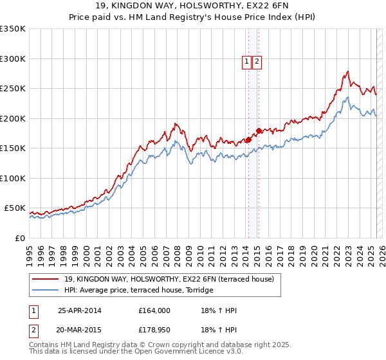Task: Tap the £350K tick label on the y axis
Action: coord(12,29)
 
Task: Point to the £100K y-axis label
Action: coord(12,178)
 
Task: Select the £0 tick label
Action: coord(19,238)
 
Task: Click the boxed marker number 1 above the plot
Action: coord(247,62)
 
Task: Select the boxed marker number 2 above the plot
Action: coord(257,62)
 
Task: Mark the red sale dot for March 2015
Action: coord(258,130)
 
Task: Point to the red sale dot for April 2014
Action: coord(248,139)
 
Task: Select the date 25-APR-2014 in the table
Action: coord(80,310)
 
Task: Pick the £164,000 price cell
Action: coord(154,310)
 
